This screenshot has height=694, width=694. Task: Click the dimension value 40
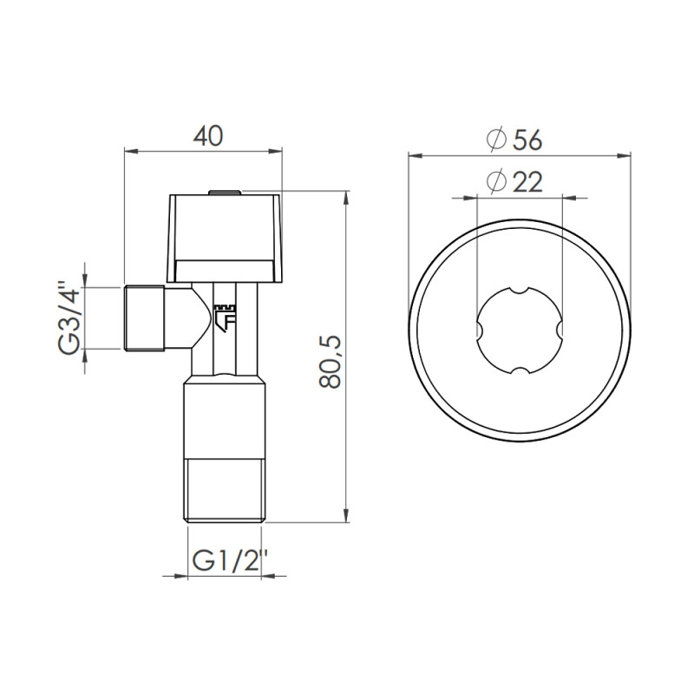coord(207,136)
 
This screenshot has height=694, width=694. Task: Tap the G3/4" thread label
coord(69,317)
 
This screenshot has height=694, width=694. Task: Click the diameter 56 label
coord(519,139)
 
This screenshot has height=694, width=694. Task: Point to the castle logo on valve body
coord(226,316)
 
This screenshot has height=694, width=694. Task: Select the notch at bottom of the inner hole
coord(519,373)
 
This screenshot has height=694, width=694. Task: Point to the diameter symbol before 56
coord(496,139)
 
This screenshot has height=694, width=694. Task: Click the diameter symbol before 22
coord(496,182)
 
